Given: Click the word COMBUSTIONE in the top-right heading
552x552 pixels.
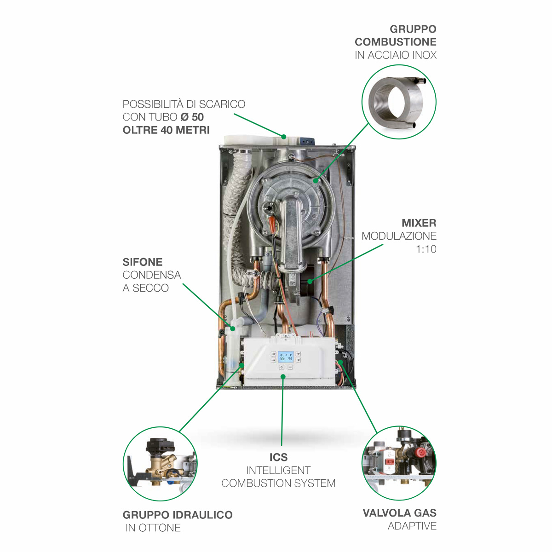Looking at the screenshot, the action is coord(395,42).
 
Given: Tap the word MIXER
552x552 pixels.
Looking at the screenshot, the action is coord(419,223).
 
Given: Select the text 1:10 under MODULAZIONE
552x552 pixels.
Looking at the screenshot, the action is coord(426,249).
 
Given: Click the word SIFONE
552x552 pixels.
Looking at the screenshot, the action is coord(142,262).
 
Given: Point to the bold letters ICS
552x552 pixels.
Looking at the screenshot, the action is coord(278,457).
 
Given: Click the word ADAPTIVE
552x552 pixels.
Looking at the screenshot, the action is coord(412,526).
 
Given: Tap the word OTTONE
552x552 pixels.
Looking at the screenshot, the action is coord(160,528).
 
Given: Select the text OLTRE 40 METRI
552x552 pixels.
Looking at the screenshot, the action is coord(166,130).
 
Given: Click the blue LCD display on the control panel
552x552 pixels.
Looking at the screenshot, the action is coord(286,358).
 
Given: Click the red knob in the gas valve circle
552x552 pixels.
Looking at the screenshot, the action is coord(420,453).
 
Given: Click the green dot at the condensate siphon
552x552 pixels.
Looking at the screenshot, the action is coord(233,329).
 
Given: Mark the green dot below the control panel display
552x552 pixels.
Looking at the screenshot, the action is coord(283,376).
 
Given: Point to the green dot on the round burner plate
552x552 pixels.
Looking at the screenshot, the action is coord(316,180).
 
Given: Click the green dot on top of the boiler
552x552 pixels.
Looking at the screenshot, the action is coord(284,137).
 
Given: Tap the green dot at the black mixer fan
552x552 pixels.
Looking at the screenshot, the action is coord(310,282).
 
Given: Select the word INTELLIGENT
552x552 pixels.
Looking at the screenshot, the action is coord(278,471).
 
